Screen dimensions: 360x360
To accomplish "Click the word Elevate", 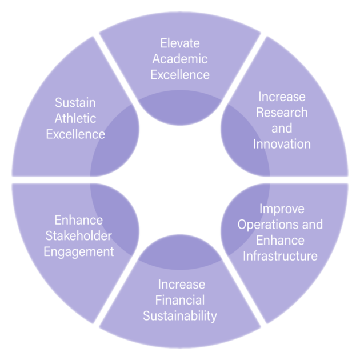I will click(x=180, y=43).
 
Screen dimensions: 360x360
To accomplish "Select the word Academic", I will click(x=180, y=58).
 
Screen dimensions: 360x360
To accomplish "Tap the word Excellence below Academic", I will click(x=180, y=74).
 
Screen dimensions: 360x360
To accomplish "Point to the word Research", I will click(x=282, y=112).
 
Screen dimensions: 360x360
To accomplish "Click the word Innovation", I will click(x=282, y=143).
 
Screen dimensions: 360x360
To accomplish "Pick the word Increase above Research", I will click(x=282, y=96).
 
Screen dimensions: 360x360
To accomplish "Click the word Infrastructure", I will click(x=280, y=255).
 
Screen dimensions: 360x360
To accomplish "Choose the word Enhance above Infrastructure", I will click(x=280, y=240).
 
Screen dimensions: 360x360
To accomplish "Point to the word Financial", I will click(x=180, y=299).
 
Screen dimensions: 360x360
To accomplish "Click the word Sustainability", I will click(x=180, y=315).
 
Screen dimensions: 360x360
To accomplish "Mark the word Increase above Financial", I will click(x=180, y=284).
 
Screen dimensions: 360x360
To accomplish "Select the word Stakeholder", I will click(x=79, y=236).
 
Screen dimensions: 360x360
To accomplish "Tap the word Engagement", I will click(x=79, y=251).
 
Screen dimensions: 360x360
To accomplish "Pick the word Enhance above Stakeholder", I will click(x=79, y=220).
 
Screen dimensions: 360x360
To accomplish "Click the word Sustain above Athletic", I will click(x=75, y=103).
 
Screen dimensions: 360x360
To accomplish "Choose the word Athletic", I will click(x=75, y=119).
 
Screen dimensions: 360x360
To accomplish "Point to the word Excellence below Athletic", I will click(x=75, y=135).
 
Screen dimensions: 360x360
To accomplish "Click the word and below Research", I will click(x=282, y=128).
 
